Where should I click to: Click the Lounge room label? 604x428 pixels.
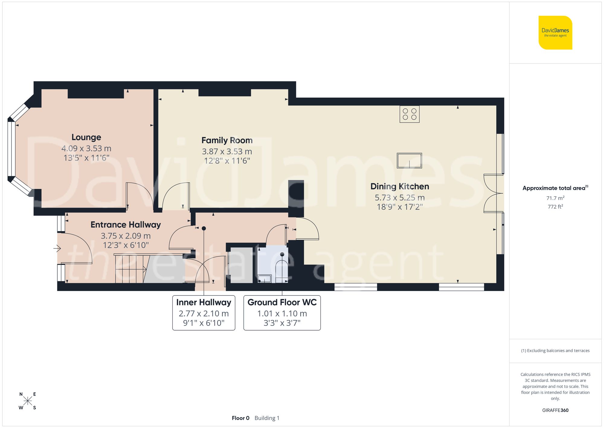86,137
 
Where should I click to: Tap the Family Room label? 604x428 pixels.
227,140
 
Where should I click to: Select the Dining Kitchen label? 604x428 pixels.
400,186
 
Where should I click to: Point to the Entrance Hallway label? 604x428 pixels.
126,225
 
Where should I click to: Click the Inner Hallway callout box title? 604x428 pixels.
204,302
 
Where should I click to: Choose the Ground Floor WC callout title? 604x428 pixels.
282,302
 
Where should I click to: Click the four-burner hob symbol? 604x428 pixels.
409,114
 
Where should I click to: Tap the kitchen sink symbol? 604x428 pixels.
409,160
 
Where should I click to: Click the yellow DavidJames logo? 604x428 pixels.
555,33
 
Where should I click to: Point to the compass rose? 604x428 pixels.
27,401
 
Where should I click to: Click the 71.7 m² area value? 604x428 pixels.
555,198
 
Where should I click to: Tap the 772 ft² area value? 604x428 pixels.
555,207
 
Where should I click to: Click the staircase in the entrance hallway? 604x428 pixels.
130,269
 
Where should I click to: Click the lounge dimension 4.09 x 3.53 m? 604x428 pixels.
86,149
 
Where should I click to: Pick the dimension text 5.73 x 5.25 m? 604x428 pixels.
400,198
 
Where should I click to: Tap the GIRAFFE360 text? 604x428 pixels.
555,410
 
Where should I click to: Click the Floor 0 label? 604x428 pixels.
240,418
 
